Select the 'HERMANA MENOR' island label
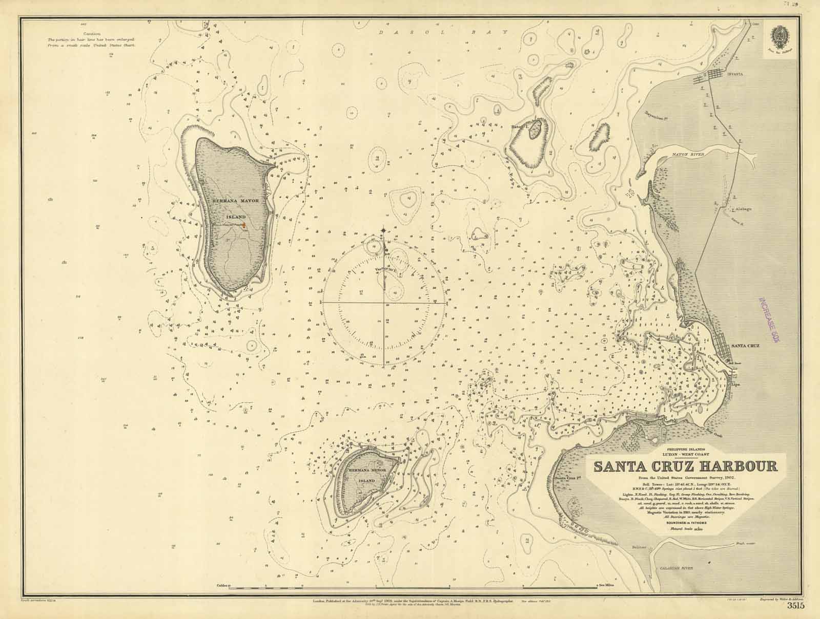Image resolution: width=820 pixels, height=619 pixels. [x=366, y=469]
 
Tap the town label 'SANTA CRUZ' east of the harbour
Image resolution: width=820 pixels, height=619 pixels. [x=745, y=346]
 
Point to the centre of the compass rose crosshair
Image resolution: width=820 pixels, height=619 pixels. [x=384, y=303]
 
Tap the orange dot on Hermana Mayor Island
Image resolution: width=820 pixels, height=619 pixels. [x=244, y=224]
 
